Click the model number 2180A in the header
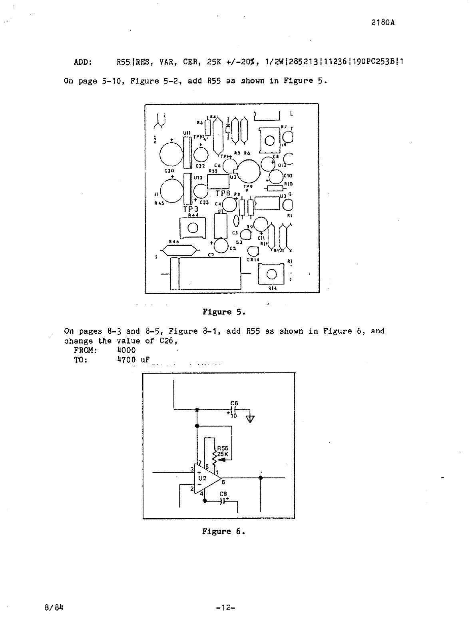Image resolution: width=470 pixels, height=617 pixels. tap(383, 22)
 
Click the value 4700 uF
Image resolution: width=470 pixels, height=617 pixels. tap(133, 359)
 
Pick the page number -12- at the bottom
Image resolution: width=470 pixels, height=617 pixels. tap(225, 607)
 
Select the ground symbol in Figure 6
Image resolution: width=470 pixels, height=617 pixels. tap(251, 419)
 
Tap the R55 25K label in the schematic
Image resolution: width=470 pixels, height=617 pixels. tap(223, 451)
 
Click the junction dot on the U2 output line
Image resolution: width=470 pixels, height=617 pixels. tap(261, 477)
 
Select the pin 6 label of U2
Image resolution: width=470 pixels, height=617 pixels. tap(223, 482)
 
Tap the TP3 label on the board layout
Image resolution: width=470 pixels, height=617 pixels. tap(191, 209)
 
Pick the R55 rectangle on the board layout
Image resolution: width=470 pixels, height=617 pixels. tap(218, 181)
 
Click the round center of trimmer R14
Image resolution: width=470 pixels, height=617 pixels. tap(271, 274)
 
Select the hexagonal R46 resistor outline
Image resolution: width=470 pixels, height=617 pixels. tap(178, 251)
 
